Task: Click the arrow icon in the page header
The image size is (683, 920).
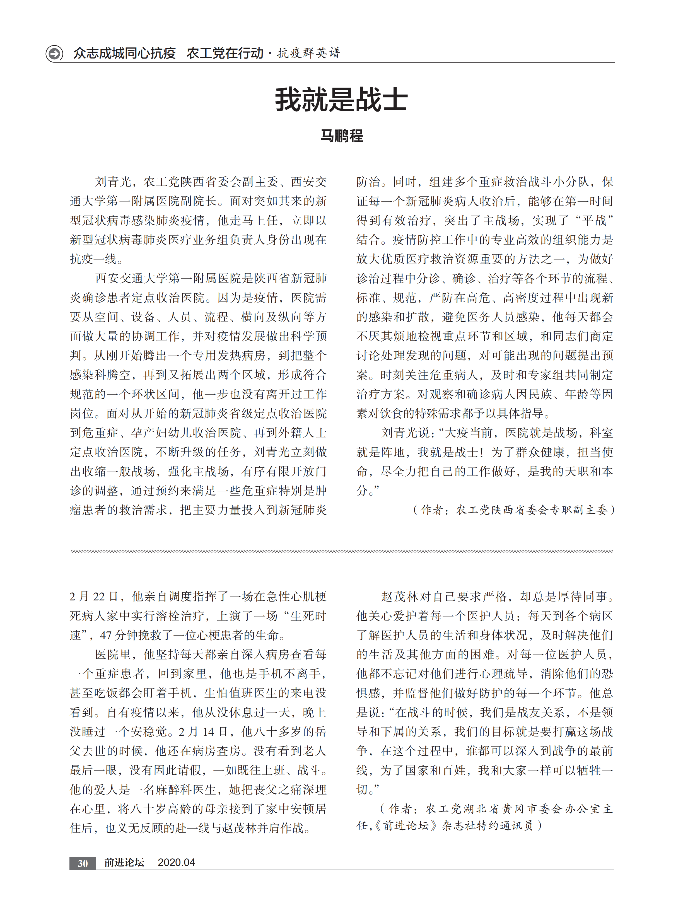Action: [54, 53]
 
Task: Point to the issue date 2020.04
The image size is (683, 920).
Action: [176, 862]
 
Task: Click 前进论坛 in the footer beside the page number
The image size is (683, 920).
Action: [124, 862]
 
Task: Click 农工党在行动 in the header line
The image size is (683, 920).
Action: [225, 53]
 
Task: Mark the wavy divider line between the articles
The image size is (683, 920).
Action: [341, 551]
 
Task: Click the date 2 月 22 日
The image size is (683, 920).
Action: [93, 597]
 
